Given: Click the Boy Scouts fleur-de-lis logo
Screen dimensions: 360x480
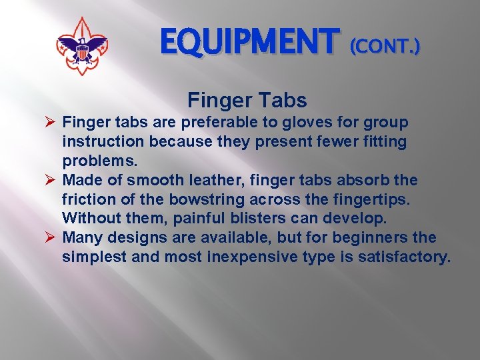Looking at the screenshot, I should [82, 46].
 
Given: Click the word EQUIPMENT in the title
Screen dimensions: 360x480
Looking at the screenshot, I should [250, 43].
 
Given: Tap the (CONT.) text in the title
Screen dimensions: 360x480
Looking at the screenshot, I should [385, 47].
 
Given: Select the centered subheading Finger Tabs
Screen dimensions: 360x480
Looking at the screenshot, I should [247, 101].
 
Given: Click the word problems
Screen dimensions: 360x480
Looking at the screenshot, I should [97, 162].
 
